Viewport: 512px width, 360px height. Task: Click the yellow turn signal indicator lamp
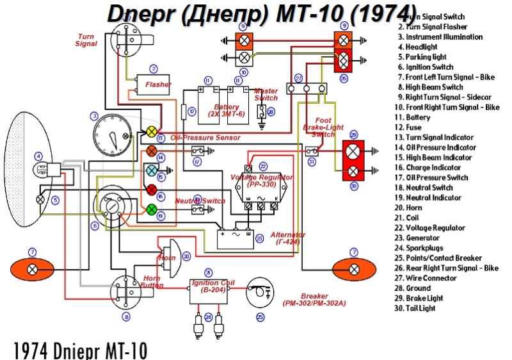(152, 131)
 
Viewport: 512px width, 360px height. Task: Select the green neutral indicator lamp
(152, 209)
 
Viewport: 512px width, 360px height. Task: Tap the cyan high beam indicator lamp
(152, 170)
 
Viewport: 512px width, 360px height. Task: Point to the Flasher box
(153, 85)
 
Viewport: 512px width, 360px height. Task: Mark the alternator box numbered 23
(236, 238)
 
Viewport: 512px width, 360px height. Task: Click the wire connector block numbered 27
(307, 89)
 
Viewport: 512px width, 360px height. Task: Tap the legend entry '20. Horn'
(414, 208)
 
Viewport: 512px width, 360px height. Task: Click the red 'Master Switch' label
(266, 94)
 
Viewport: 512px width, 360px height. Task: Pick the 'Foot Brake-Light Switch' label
(323, 127)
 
